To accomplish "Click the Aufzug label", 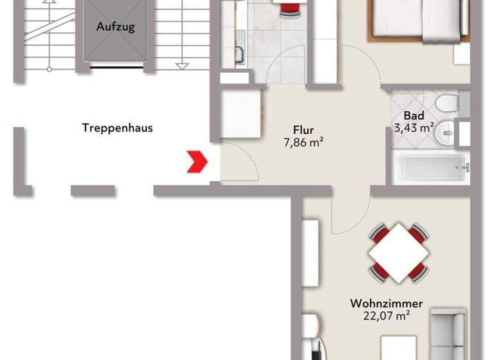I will click(116, 27).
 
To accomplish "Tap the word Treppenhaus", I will click(118, 127).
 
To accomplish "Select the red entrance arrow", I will click(196, 161).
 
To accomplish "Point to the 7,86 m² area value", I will click(303, 143).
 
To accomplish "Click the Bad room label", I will click(414, 116).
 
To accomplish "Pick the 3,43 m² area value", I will click(414, 127).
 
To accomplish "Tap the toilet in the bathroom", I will click(446, 103).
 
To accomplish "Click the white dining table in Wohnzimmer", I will click(399, 252).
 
